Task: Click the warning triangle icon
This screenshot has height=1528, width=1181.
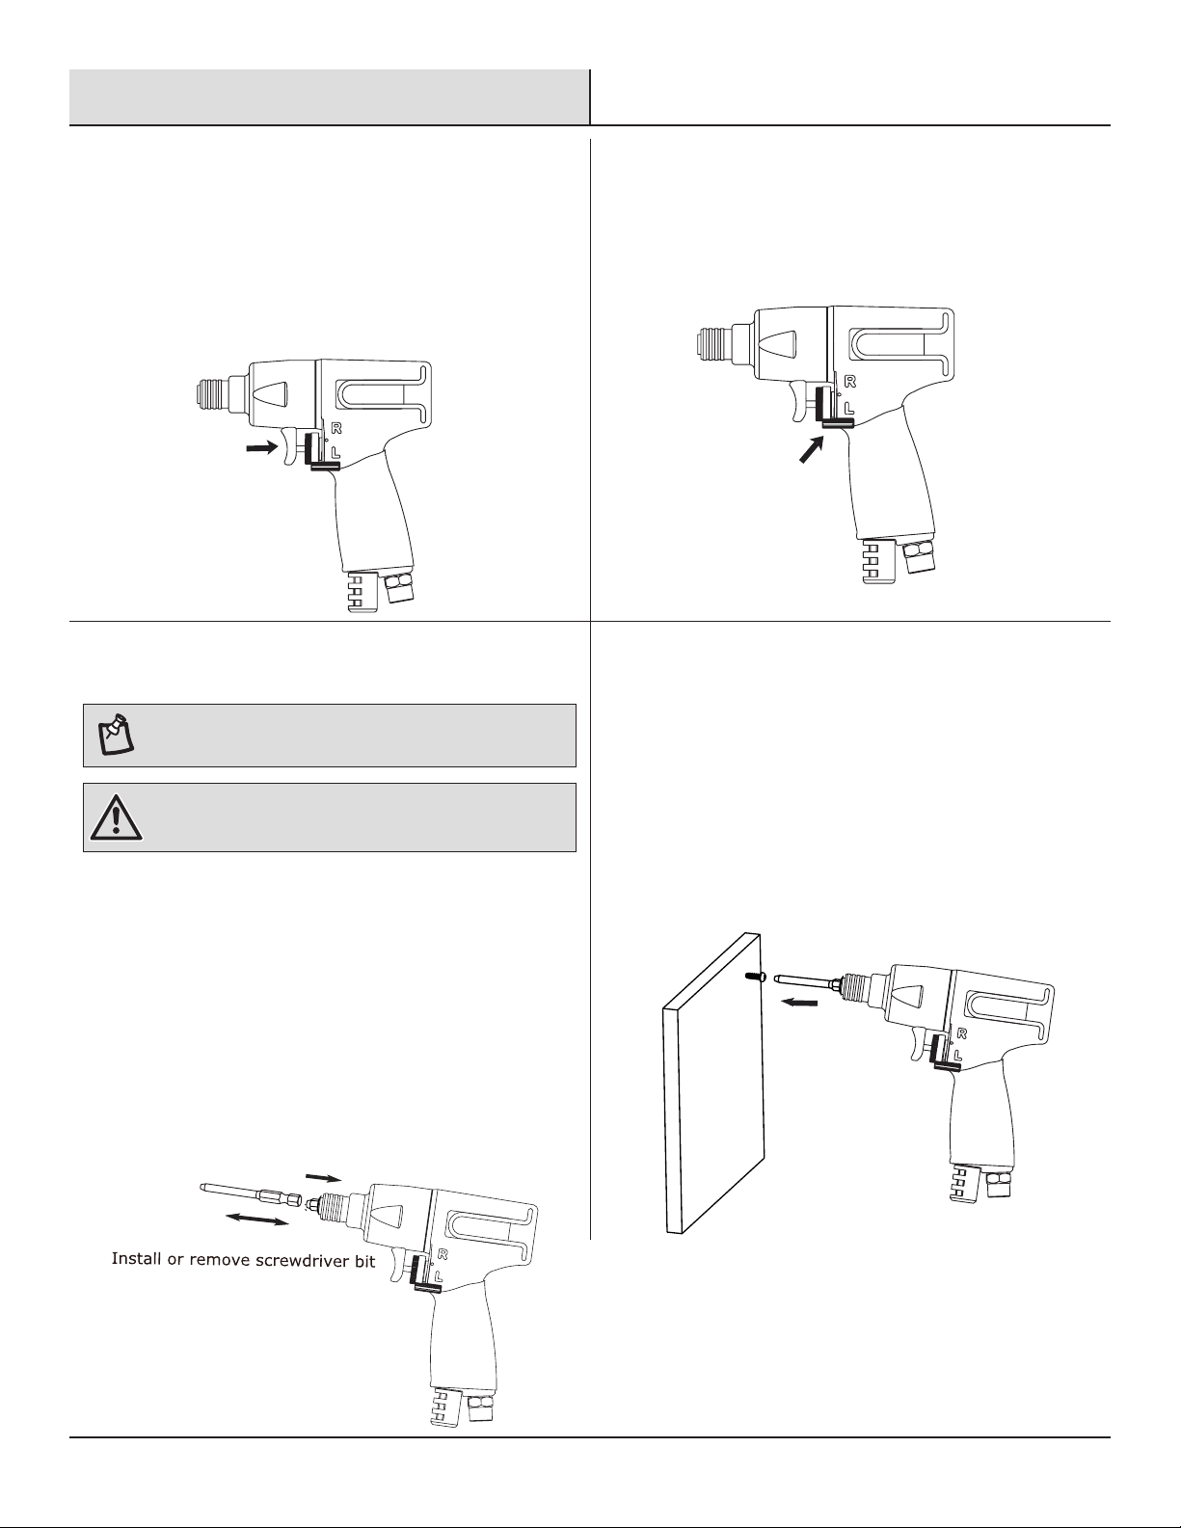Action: (x=117, y=818)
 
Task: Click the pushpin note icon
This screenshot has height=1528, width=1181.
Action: (x=116, y=735)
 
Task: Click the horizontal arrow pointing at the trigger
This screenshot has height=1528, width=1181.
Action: (x=261, y=446)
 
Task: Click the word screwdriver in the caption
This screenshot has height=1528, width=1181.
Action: (x=304, y=1260)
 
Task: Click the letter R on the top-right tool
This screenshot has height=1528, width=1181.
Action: (x=850, y=381)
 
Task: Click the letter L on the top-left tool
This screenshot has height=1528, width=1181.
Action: (x=336, y=452)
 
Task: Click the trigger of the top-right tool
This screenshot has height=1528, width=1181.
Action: (x=799, y=401)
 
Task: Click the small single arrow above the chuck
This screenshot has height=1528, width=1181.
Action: (x=323, y=1177)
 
